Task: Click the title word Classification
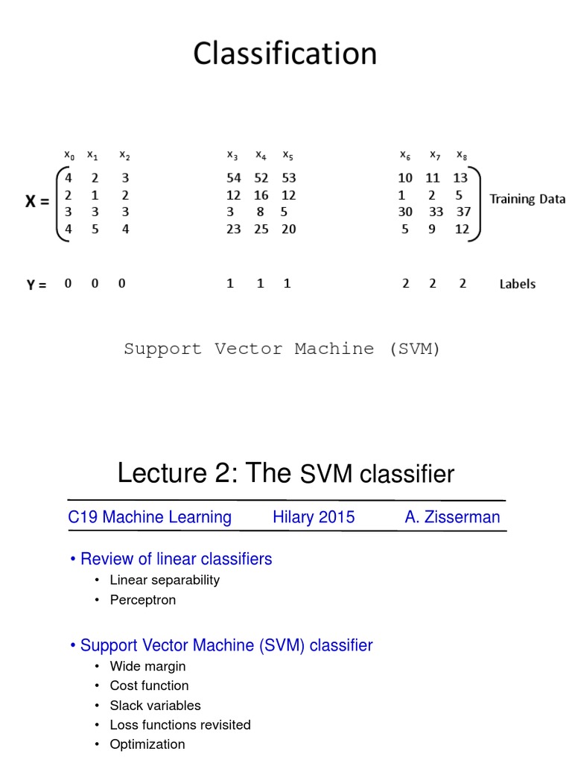[285, 54]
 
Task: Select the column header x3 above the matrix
[232, 155]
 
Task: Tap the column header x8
[463, 155]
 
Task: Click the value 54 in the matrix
[233, 178]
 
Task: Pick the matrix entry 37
[464, 212]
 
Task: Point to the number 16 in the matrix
[261, 195]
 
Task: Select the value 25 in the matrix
[261, 229]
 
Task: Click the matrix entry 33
[436, 212]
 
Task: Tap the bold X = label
[37, 201]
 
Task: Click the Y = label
[36, 284]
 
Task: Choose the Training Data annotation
[527, 199]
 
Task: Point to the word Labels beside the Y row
[517, 284]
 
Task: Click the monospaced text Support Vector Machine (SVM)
[282, 349]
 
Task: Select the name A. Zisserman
[452, 517]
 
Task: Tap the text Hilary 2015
[314, 517]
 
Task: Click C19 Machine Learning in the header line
[150, 517]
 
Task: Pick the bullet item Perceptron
[142, 600]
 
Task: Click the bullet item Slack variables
[155, 705]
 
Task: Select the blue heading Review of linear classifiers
[176, 559]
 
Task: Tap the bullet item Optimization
[147, 744]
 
